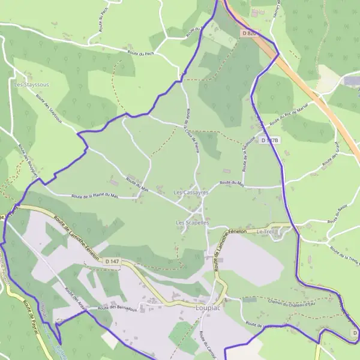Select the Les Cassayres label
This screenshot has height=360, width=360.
coord(190,193)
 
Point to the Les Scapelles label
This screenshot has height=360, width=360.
coord(192,223)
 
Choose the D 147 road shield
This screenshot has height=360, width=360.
coord(112,261)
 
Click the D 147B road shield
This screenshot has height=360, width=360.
coord(270,140)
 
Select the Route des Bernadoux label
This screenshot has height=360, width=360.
coord(118,308)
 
